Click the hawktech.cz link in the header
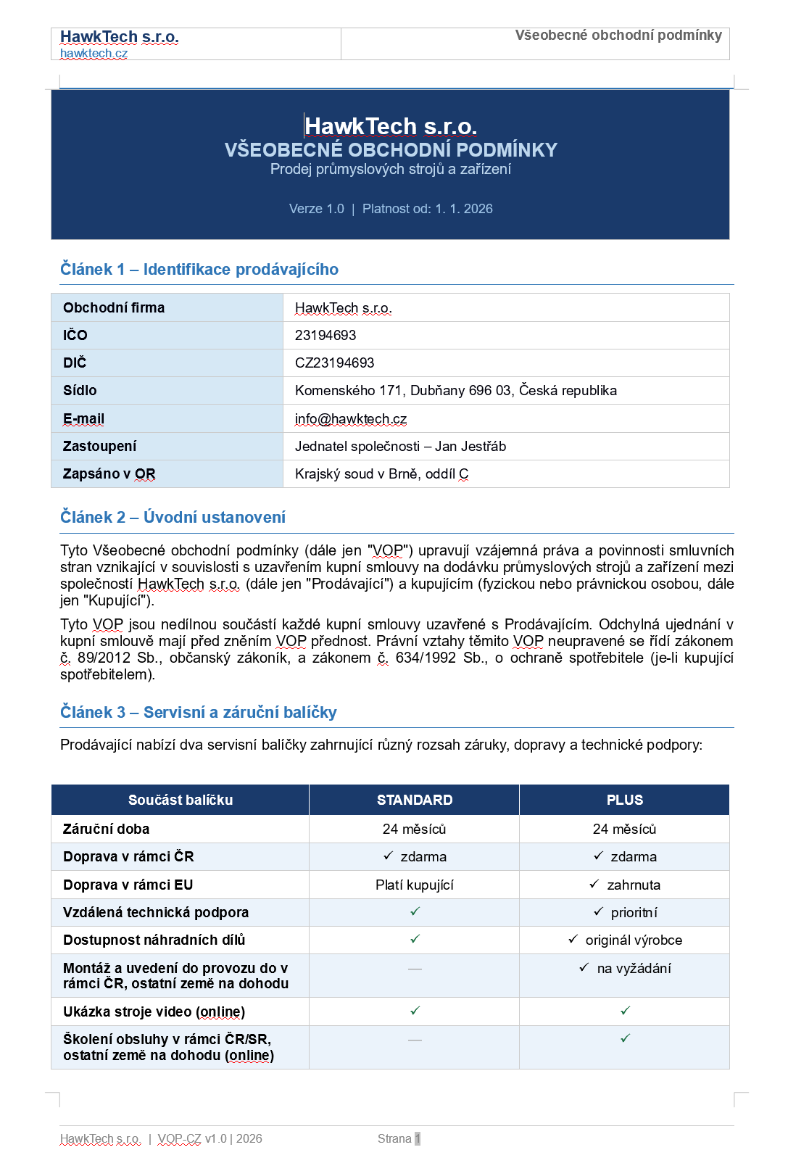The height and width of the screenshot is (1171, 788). point(94,54)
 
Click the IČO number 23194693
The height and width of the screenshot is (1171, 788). point(325,335)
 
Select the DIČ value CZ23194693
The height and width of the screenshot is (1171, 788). point(334,363)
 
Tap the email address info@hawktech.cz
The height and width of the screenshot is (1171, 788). point(350,419)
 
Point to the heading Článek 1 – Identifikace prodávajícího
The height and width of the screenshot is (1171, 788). point(199,270)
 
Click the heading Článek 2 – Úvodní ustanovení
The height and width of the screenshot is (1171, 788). point(173,518)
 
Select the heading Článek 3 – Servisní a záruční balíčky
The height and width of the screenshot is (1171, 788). point(198,713)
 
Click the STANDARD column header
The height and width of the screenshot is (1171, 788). point(414,800)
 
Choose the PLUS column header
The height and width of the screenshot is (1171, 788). point(624,800)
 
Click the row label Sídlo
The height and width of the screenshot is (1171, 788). point(80,391)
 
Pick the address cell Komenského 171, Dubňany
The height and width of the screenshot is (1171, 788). point(455,391)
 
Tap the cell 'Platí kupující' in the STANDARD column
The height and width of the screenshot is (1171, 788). point(414,885)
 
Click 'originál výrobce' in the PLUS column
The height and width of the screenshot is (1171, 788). point(633,940)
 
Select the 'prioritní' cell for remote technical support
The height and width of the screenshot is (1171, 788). point(633,913)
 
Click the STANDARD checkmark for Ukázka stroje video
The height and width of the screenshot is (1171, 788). point(415,1011)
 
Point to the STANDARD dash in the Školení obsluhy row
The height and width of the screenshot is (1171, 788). point(415,1040)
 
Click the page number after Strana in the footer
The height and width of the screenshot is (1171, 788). point(418,1138)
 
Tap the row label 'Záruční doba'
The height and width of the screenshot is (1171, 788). point(106,829)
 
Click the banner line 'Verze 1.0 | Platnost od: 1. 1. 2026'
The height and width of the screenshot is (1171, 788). point(391,209)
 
